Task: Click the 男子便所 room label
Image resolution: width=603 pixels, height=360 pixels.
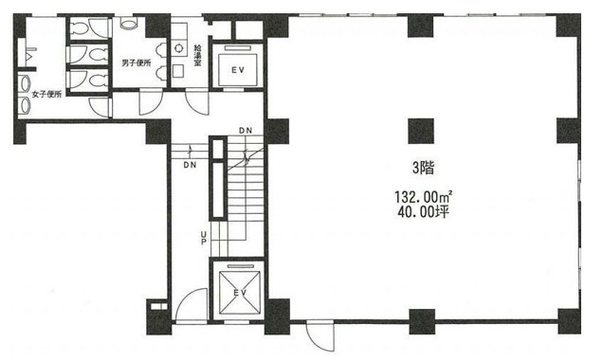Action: pos(137,63)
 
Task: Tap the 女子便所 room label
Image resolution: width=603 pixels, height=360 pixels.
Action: pos(46,94)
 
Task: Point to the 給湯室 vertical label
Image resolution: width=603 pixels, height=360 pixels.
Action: pos(197,55)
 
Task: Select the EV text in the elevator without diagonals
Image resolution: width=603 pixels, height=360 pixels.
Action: pos(238,70)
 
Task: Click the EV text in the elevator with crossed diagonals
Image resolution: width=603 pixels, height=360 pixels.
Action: pos(241,293)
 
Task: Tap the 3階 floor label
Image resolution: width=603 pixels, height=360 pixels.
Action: pos(424,168)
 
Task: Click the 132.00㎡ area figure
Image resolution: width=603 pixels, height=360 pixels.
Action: pos(423,197)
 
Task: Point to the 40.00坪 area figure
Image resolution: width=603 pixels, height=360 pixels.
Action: pos(423,211)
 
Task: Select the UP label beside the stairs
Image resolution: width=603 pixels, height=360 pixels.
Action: pos(204,238)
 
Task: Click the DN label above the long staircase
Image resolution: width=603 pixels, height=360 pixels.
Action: pos(246,131)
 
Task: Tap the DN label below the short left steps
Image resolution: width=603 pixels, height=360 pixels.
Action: pos(190,165)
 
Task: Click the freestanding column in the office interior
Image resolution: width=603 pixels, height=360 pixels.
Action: pos(421,131)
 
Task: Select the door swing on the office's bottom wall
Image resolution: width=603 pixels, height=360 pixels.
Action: pos(320,336)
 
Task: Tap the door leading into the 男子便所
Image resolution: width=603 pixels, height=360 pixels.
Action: pos(151,101)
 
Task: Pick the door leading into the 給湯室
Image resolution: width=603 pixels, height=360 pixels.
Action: pos(197,101)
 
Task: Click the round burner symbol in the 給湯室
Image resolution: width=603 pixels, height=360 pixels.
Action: pos(179,48)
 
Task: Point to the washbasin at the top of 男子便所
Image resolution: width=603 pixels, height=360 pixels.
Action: pos(128,24)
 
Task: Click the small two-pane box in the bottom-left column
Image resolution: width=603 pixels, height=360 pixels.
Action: pos(159,307)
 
